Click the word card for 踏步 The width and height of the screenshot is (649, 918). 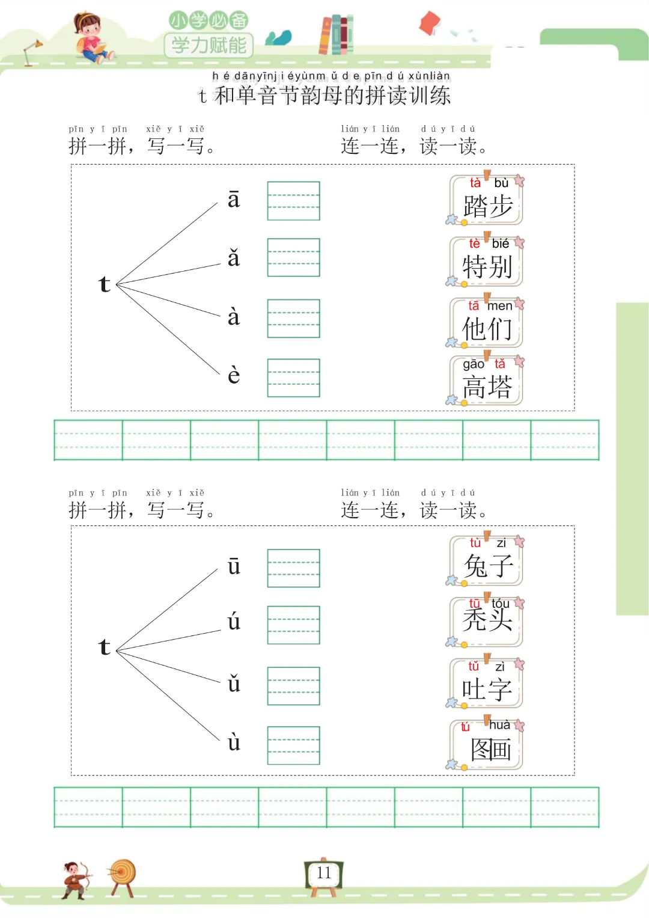(486, 201)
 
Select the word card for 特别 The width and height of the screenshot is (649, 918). (486, 262)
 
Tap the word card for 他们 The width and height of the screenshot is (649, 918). (486, 323)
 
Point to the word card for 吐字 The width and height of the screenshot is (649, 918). (486, 684)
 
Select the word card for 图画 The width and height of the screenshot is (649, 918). (486, 744)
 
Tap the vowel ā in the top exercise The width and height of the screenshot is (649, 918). (234, 200)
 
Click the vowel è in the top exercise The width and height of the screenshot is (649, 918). (234, 375)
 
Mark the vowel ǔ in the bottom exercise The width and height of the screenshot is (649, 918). (234, 684)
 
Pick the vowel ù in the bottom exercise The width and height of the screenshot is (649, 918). (234, 742)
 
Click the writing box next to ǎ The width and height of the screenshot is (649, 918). (293, 257)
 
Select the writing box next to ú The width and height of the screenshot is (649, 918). (293, 625)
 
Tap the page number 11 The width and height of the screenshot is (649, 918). (324, 874)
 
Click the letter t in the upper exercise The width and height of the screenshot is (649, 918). (105, 284)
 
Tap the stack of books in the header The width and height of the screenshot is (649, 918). (336, 34)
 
